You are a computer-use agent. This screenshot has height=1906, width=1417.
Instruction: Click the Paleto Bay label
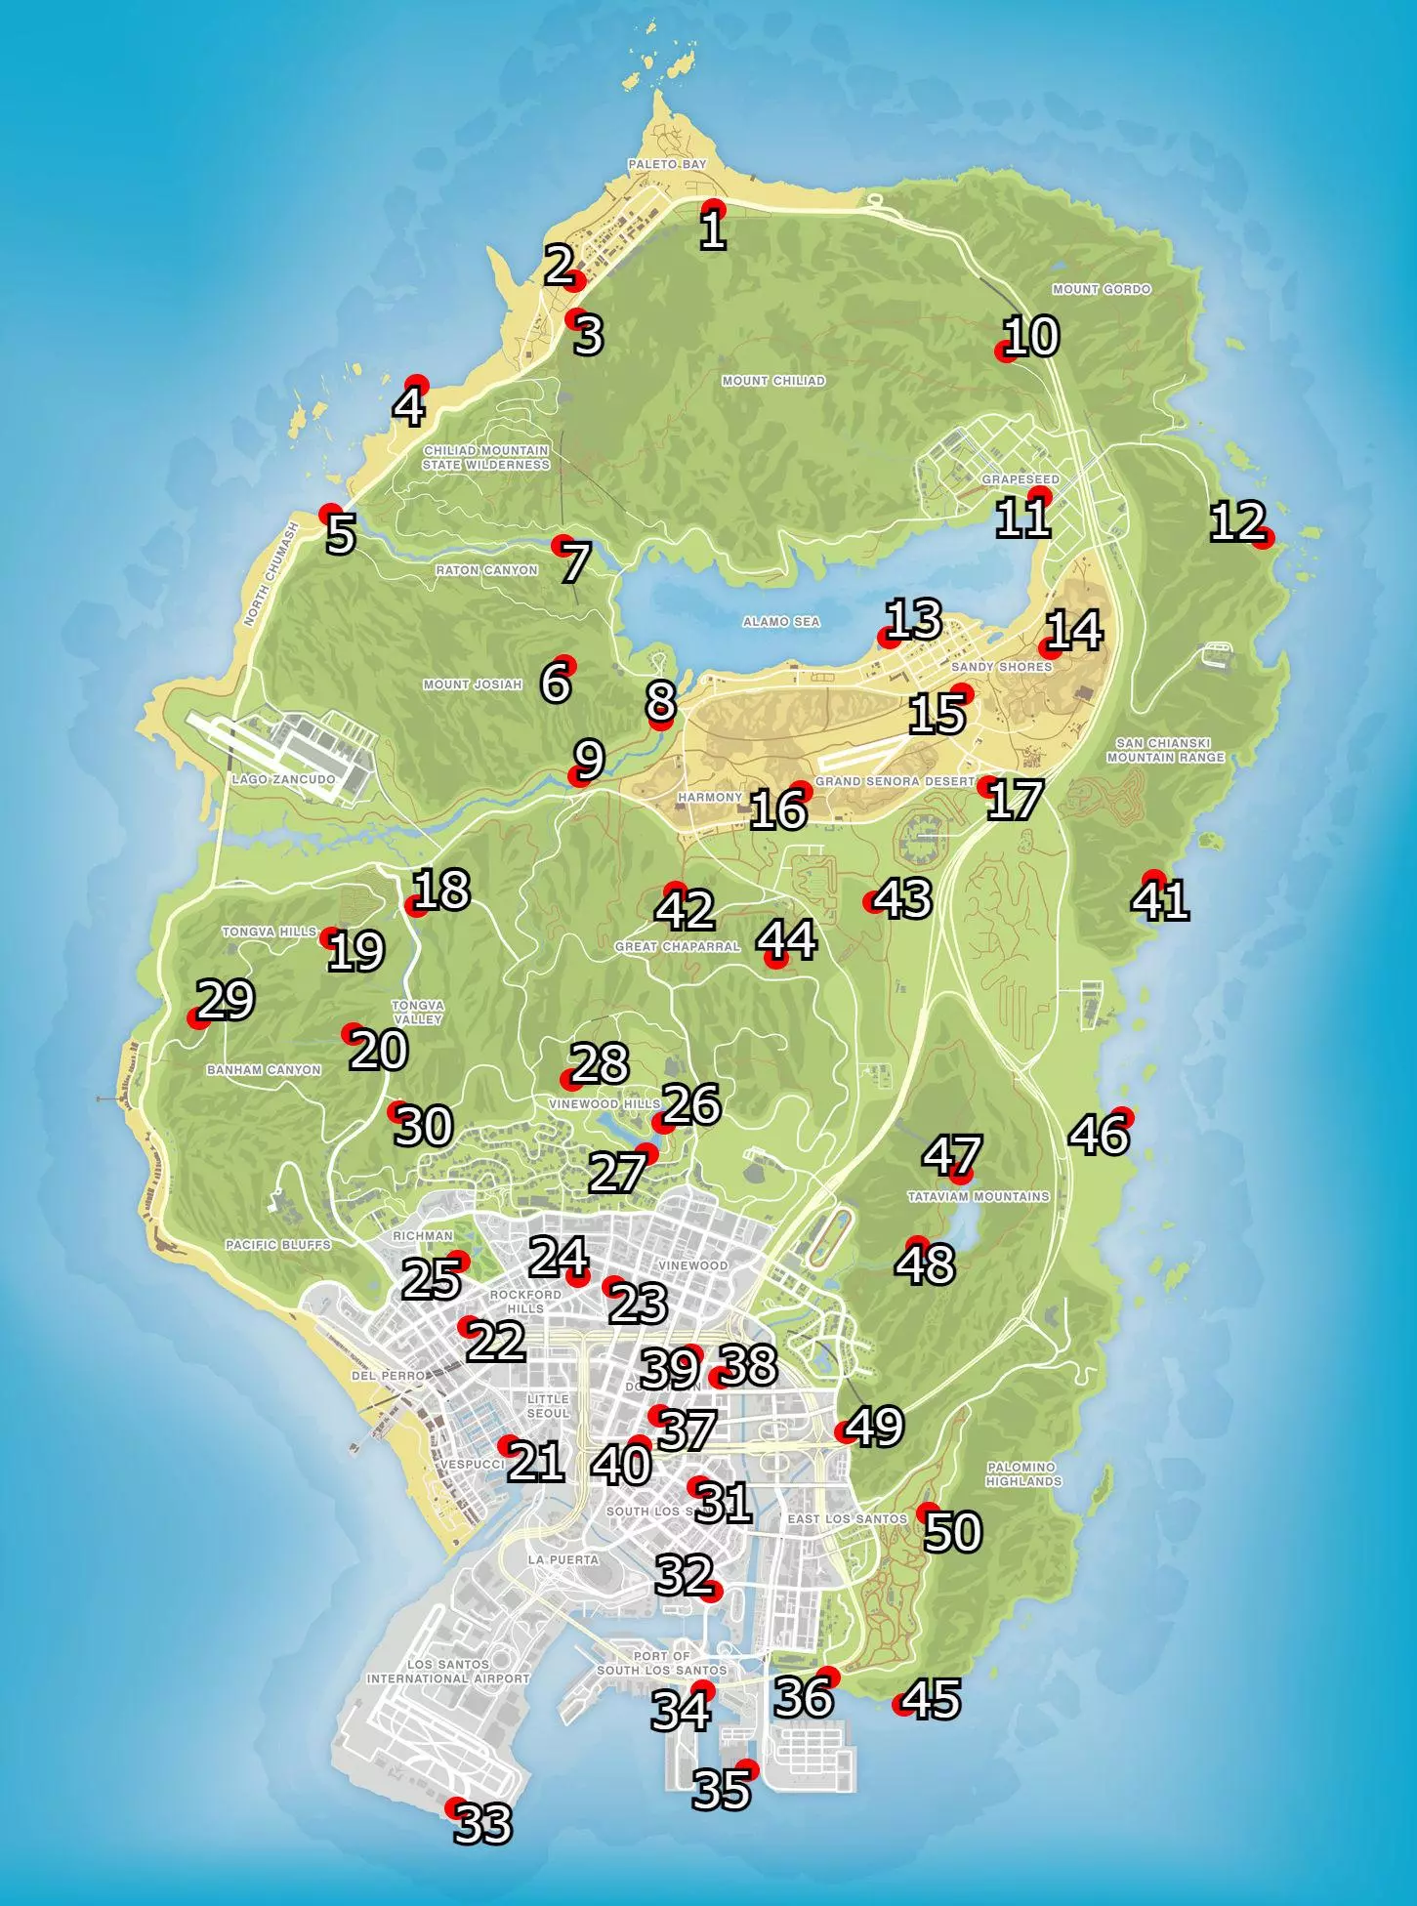pyautogui.click(x=667, y=165)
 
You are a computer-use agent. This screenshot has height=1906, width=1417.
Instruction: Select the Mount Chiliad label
pyautogui.click(x=772, y=381)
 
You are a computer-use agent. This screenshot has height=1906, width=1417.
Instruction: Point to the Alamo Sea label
pyautogui.click(x=781, y=622)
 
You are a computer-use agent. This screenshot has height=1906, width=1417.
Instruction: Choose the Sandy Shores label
pyautogui.click(x=1001, y=667)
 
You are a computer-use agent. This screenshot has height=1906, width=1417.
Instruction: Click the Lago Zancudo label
pyautogui.click(x=283, y=780)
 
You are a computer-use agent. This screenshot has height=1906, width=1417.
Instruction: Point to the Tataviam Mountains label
pyautogui.click(x=979, y=1196)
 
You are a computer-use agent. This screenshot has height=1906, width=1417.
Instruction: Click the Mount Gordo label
pyautogui.click(x=1102, y=289)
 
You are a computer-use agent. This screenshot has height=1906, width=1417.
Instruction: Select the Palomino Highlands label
pyautogui.click(x=1022, y=1473)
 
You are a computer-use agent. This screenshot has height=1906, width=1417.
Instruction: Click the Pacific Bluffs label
pyautogui.click(x=278, y=1245)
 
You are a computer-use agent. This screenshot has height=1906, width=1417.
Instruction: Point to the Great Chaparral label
pyautogui.click(x=677, y=946)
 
